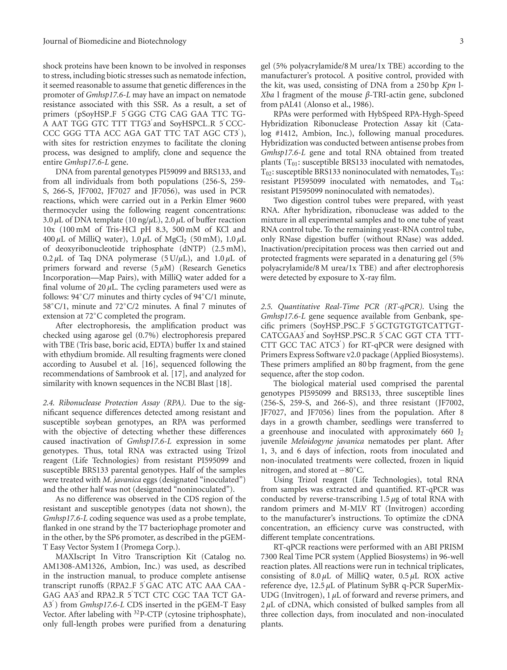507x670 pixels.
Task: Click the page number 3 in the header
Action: (x=461, y=41)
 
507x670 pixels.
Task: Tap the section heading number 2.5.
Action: (x=267, y=307)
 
